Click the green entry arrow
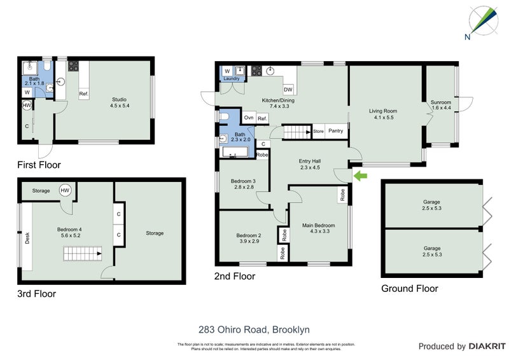[359, 175]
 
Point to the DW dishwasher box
[288, 90]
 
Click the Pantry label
[337, 132]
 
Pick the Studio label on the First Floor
[120, 102]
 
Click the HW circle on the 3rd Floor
[65, 190]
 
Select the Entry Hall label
[309, 164]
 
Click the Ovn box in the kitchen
[249, 118]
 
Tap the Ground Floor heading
[409, 288]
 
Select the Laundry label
[232, 80]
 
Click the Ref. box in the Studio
[83, 94]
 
